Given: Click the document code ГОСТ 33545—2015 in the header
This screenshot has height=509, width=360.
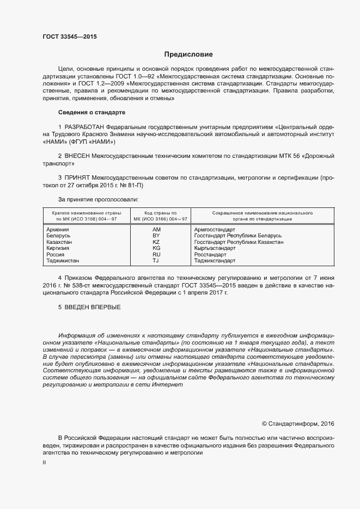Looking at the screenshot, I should (x=70, y=37).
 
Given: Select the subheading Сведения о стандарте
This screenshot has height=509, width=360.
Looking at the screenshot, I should (x=91, y=112).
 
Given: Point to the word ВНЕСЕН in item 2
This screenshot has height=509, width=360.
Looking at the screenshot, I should (x=80, y=156).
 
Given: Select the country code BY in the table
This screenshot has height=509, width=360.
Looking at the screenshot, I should (x=156, y=236).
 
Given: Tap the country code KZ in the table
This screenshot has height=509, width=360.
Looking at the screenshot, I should (x=156, y=242).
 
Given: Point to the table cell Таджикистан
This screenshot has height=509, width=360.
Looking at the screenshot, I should (x=63, y=261).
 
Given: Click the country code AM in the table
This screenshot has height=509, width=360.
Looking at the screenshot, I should (x=156, y=230).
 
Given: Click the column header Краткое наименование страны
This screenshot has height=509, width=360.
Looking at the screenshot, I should (x=87, y=212).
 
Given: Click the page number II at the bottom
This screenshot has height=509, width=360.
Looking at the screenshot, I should (x=44, y=462).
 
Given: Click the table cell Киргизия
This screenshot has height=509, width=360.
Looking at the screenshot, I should (x=58, y=248).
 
